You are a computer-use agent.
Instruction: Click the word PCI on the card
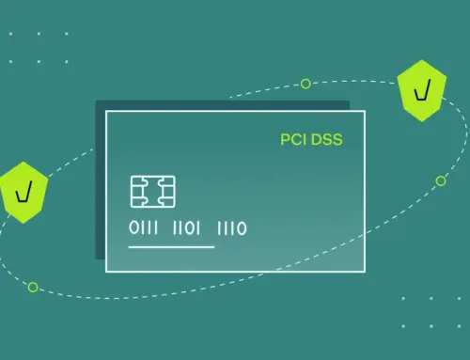[291, 141]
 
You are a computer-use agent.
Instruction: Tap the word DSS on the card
[324, 141]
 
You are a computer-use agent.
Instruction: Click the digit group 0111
[146, 228]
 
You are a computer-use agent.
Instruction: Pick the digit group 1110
[232, 228]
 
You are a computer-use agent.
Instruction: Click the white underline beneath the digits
[171, 247]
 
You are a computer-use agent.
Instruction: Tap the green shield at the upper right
[416, 92]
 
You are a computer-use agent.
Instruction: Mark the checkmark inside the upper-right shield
[416, 92]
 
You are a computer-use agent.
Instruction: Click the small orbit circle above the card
[305, 84]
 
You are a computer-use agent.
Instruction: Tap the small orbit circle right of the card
[441, 180]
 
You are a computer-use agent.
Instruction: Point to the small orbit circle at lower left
[33, 286]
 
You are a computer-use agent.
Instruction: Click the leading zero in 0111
[133, 228]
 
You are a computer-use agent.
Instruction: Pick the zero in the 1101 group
[192, 228]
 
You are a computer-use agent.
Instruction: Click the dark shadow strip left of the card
[100, 188]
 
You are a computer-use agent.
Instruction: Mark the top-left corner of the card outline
[106, 112]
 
